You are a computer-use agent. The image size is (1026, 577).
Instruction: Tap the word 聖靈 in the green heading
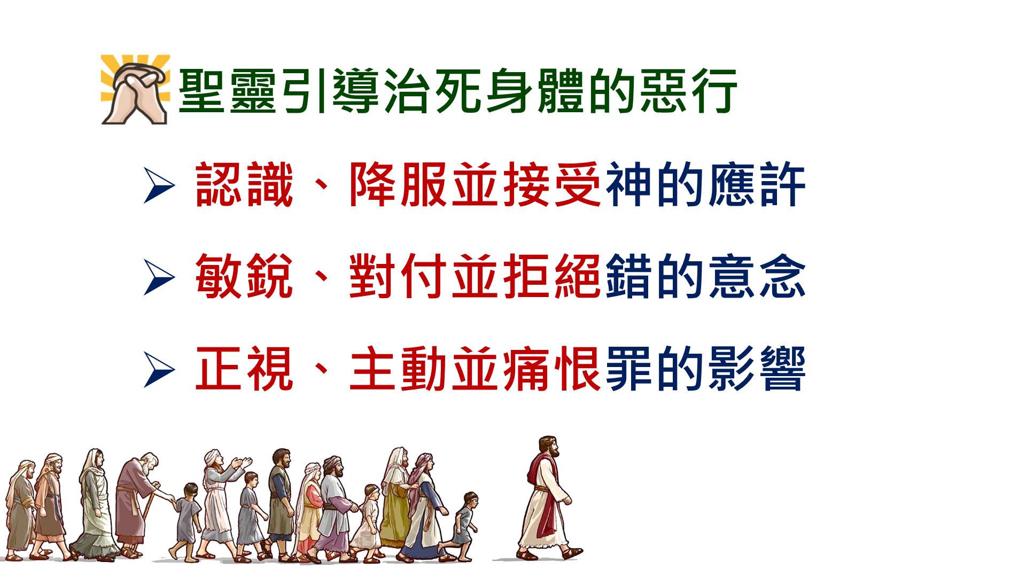227,90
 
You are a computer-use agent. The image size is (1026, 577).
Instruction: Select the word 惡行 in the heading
689,90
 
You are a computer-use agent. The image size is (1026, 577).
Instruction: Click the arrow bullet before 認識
159,186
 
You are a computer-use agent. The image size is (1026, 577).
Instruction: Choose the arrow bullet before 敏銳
159,278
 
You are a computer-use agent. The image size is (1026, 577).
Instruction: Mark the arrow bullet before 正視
159,370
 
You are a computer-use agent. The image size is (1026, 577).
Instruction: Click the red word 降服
398,185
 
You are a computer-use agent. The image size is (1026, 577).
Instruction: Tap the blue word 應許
757,185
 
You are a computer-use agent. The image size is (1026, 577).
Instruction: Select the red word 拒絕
552,277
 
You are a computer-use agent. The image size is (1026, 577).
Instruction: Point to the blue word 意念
757,277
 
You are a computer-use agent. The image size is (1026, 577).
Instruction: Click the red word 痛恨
552,369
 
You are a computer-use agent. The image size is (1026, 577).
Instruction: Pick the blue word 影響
757,369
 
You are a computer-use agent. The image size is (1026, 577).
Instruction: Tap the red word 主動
398,369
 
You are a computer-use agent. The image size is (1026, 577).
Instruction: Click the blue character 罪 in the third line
628,369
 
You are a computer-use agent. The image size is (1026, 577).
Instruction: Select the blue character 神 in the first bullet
628,185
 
